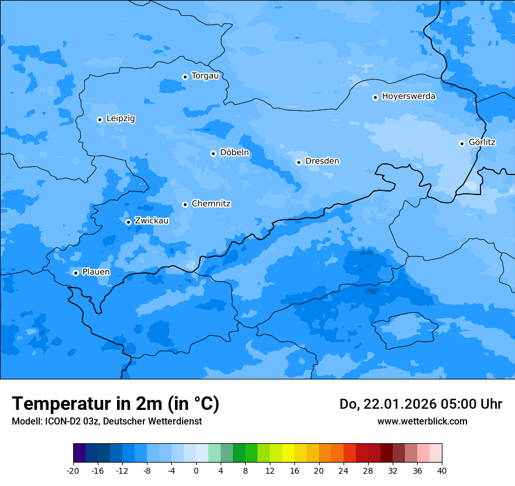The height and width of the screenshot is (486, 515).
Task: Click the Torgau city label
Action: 205,76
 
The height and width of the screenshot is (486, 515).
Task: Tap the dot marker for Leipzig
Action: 100,119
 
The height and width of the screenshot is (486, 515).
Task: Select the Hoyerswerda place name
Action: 408,97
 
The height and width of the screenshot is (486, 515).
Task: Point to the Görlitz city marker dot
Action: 462,143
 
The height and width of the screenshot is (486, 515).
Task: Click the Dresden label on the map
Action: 322,161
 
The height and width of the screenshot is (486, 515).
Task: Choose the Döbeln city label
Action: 234,153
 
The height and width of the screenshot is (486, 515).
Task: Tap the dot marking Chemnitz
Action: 185,204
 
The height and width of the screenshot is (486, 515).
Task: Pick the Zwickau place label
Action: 152,221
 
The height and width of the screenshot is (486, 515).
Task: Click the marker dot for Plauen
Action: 75,273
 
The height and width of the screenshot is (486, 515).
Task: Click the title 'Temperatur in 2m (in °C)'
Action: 115,404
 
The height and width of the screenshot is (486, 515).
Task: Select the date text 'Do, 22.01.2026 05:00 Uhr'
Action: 421,404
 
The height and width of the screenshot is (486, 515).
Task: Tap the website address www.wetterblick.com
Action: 422,422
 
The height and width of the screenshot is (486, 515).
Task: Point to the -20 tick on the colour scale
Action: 73,470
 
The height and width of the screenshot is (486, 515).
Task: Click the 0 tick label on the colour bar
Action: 196,470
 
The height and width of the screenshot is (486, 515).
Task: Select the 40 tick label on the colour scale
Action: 442,470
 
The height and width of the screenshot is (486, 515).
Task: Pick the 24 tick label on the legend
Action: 344,470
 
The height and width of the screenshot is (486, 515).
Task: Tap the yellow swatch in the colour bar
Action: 288,453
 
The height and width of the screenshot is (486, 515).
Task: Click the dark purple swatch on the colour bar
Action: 80,453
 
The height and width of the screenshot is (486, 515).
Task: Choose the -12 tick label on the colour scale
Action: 122,470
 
